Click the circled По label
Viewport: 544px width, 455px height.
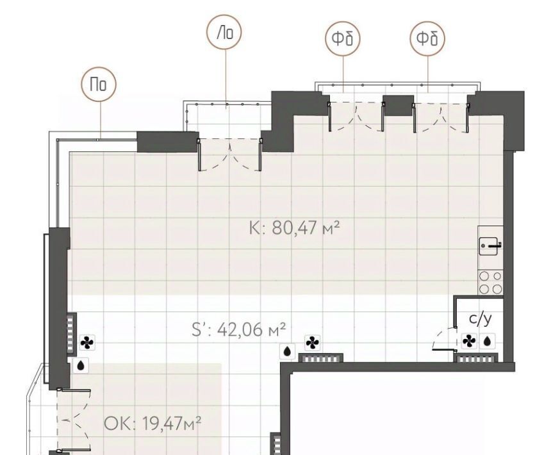click(x=99, y=84)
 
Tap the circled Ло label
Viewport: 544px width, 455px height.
click(x=224, y=32)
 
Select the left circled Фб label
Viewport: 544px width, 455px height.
click(x=343, y=38)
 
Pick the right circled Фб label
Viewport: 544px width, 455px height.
click(x=427, y=38)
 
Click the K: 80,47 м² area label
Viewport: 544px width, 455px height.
click(x=294, y=228)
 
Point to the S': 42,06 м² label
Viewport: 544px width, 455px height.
click(x=239, y=329)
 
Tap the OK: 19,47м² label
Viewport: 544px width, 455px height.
click(x=152, y=424)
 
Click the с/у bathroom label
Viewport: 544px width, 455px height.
click(x=480, y=318)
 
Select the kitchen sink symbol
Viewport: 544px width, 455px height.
click(x=490, y=245)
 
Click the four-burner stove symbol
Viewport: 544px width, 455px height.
click(x=491, y=283)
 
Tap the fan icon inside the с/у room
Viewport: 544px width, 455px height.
click(x=469, y=341)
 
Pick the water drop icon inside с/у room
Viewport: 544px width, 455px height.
click(x=488, y=341)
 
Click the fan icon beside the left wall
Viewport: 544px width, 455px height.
click(x=87, y=343)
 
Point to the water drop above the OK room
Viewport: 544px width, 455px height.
click(x=81, y=366)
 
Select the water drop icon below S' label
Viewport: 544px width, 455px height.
click(x=287, y=351)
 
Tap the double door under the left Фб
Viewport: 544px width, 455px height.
click(x=356, y=117)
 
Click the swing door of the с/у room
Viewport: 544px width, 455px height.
click(x=444, y=340)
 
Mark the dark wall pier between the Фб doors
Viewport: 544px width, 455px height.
click(x=399, y=105)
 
